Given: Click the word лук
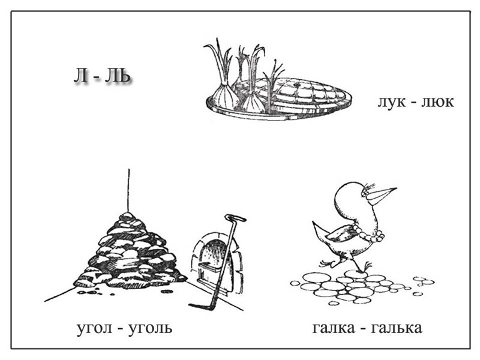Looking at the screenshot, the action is pyautogui.click(x=391, y=102).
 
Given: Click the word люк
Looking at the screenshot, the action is pyautogui.click(x=437, y=102).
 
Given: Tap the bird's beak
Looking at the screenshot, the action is pyautogui.click(x=382, y=194).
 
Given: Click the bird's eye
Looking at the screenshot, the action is pyautogui.click(x=364, y=193).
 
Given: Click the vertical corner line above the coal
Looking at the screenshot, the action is pyautogui.click(x=128, y=189).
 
